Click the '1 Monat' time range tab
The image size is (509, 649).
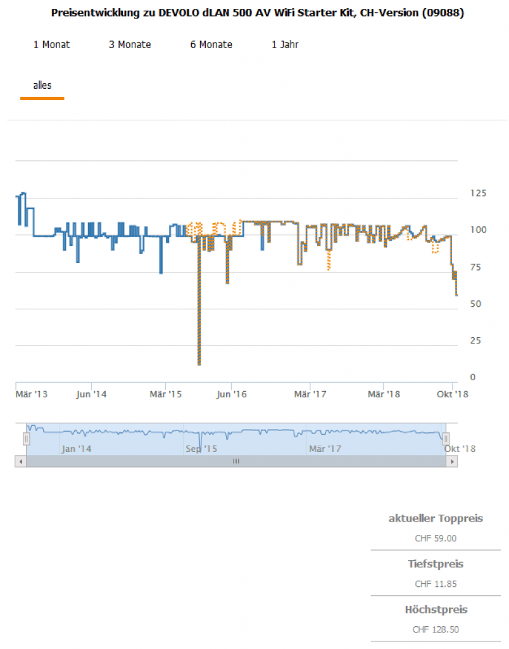(x=51, y=44)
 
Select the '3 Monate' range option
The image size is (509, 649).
(x=130, y=44)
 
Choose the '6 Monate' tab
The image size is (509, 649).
(x=211, y=44)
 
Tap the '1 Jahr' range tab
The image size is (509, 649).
(x=285, y=44)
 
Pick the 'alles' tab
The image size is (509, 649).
(x=42, y=85)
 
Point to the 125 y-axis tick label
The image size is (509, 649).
(x=479, y=193)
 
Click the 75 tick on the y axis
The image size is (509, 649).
(x=476, y=267)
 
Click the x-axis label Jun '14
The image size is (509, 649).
(x=91, y=394)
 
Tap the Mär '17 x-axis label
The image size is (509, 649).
(x=310, y=394)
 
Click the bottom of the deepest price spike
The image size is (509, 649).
(x=199, y=364)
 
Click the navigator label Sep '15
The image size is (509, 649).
(x=201, y=449)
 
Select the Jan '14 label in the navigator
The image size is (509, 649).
(x=76, y=449)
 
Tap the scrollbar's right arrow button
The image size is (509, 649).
(x=451, y=461)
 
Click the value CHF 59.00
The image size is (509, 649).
(x=436, y=539)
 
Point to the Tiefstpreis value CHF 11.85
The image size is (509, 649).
(x=436, y=584)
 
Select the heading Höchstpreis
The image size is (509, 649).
(x=436, y=610)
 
